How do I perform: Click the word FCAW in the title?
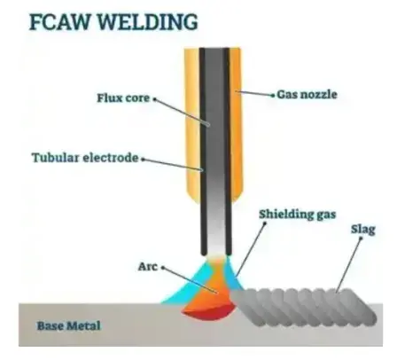(60, 22)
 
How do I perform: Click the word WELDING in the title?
(147, 22)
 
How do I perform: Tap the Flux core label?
(123, 98)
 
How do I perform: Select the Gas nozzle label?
(307, 95)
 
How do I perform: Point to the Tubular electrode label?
(85, 158)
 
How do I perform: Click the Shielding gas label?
(298, 215)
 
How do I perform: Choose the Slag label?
(363, 230)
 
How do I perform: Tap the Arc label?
(148, 267)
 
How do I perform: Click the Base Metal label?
(68, 325)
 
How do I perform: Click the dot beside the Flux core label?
(154, 99)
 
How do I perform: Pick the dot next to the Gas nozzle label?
(273, 95)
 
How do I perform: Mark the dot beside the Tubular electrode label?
(143, 160)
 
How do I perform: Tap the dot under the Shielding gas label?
(265, 223)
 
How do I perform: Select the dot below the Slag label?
(361, 239)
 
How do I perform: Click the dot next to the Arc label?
(162, 268)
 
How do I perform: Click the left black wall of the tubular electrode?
(203, 152)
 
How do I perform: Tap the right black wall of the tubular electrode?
(227, 152)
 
